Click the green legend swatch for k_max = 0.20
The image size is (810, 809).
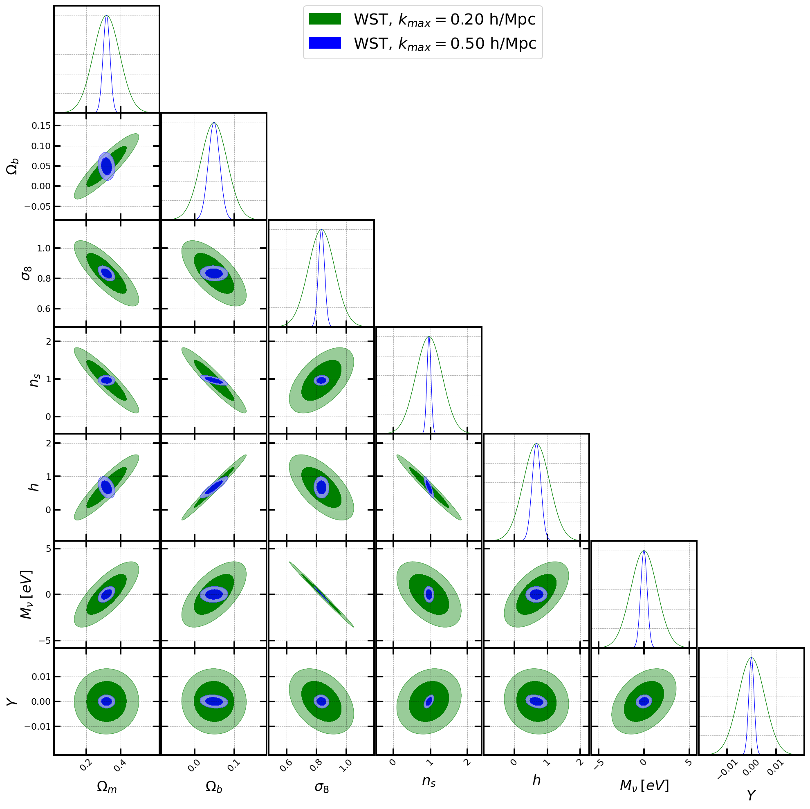(x=325, y=19)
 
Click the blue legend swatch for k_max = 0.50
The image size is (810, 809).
(x=325, y=43)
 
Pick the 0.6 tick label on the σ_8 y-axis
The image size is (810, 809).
(x=41, y=309)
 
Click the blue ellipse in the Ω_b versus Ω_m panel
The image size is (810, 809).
(x=106, y=166)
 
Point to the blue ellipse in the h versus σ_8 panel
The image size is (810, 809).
(x=321, y=487)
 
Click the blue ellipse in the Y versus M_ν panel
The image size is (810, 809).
(x=644, y=701)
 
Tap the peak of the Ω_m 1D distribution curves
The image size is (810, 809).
(x=106, y=16)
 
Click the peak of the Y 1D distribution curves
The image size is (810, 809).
(x=751, y=658)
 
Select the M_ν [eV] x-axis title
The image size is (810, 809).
(x=644, y=786)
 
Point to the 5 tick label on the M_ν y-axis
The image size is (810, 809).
(x=48, y=549)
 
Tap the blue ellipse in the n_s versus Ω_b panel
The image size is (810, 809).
(x=214, y=380)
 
